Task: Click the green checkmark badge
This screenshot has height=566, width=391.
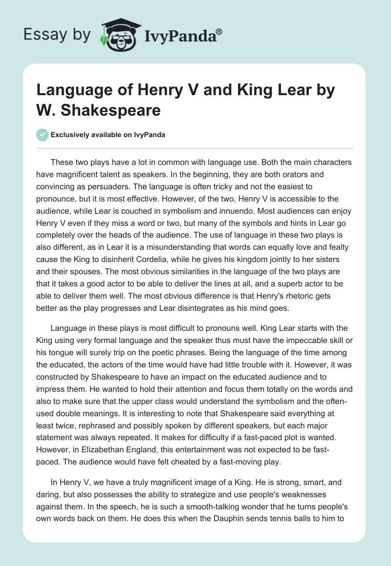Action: pyautogui.click(x=42, y=135)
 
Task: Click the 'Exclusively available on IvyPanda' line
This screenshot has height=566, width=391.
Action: pyautogui.click(x=108, y=135)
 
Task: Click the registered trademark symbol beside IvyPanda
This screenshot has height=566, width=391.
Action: pyautogui.click(x=219, y=31)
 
